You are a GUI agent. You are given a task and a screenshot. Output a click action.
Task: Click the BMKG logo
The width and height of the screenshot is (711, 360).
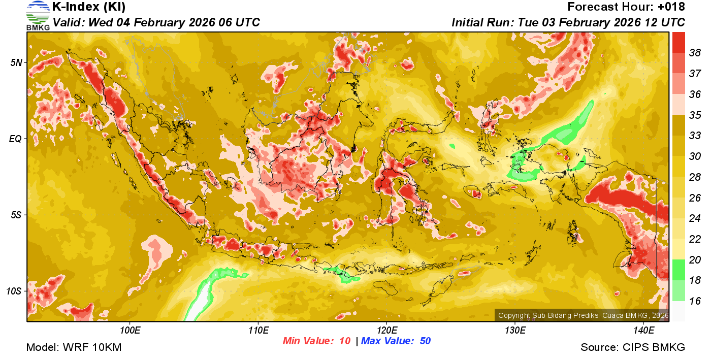click(x=38, y=15)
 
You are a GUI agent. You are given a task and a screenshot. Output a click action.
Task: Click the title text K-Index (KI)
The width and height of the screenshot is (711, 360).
click(x=89, y=7)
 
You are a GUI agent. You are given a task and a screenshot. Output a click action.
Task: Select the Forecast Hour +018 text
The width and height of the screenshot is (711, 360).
click(x=626, y=7)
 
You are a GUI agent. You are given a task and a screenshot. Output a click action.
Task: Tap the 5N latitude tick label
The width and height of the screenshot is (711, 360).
click(x=17, y=62)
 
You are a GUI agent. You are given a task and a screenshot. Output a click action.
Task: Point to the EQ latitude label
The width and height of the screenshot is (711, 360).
click(x=17, y=139)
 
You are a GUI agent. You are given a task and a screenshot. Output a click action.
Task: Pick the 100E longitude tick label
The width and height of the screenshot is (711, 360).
click(x=131, y=331)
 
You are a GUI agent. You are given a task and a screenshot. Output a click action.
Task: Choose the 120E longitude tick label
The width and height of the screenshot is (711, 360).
click(x=386, y=331)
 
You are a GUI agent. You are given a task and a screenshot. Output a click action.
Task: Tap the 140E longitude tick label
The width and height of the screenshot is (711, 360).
click(x=643, y=331)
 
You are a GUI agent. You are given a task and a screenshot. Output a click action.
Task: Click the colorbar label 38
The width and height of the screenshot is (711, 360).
click(x=695, y=53)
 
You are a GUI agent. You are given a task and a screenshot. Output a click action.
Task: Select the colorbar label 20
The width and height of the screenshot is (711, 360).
click(x=695, y=260)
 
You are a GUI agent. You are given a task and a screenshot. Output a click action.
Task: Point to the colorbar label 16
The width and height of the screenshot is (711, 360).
click(x=695, y=301)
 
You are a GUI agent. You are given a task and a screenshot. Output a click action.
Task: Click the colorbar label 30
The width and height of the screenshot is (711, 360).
click(x=695, y=156)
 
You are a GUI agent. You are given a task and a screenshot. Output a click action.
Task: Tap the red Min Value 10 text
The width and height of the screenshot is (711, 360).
click(x=316, y=341)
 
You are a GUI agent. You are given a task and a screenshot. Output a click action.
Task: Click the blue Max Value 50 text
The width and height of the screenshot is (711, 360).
click(x=396, y=341)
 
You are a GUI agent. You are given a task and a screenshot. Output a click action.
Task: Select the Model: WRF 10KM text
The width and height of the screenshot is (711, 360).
click(x=74, y=348)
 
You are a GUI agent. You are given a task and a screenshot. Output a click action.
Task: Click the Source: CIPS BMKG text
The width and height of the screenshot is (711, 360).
click(x=633, y=348)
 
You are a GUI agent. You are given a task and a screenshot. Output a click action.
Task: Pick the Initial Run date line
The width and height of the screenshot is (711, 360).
click(x=568, y=23)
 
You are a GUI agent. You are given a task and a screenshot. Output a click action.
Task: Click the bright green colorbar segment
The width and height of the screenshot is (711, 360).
click(x=679, y=270)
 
